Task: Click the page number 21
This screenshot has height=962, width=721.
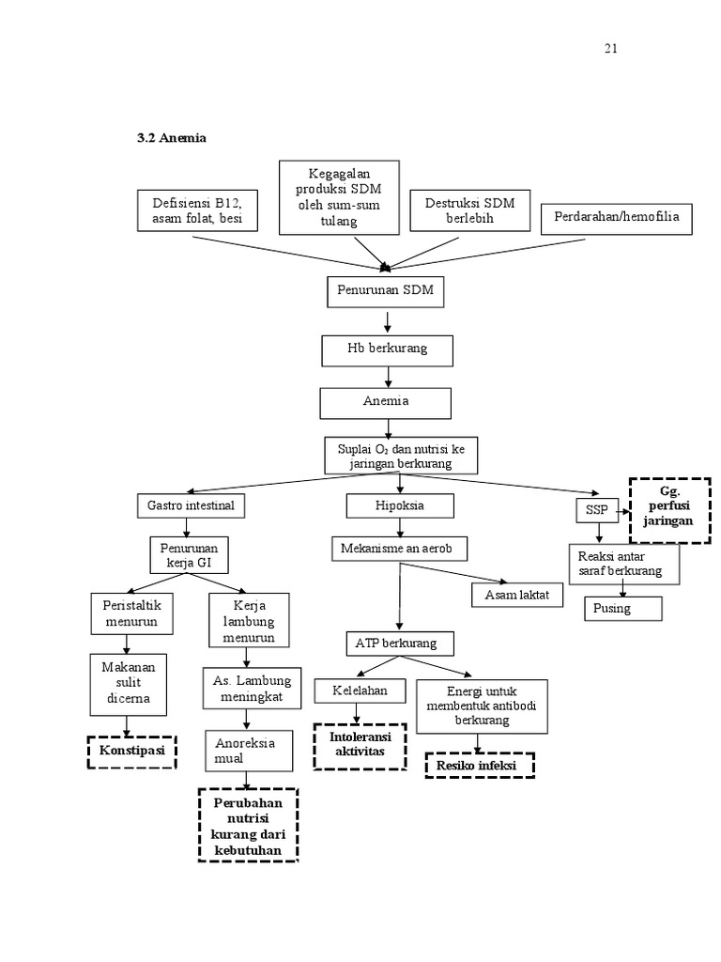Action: tap(611, 49)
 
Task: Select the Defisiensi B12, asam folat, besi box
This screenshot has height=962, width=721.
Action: tap(191, 212)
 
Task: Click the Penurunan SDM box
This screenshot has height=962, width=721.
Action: tap(386, 291)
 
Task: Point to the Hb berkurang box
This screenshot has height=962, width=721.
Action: tap(387, 349)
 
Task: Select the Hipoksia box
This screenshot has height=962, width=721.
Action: tap(400, 505)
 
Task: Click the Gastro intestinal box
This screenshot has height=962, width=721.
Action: tap(192, 505)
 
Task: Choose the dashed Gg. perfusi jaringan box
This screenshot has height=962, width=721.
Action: tap(669, 509)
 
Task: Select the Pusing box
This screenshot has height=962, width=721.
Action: tap(622, 608)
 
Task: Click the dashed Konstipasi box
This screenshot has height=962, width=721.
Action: tap(132, 753)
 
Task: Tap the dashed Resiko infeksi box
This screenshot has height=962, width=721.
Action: tap(481, 766)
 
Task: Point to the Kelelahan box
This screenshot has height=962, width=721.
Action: tap(360, 690)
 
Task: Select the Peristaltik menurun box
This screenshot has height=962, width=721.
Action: tap(132, 614)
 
